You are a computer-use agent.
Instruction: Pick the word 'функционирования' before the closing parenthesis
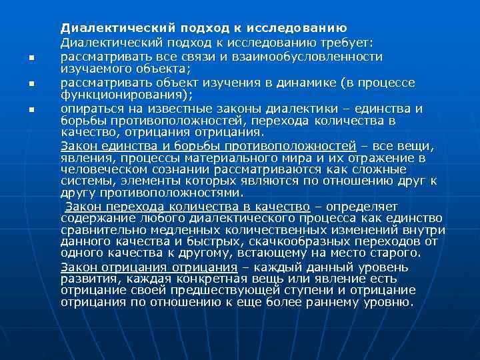(124, 95)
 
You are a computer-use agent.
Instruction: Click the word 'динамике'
(303, 83)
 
